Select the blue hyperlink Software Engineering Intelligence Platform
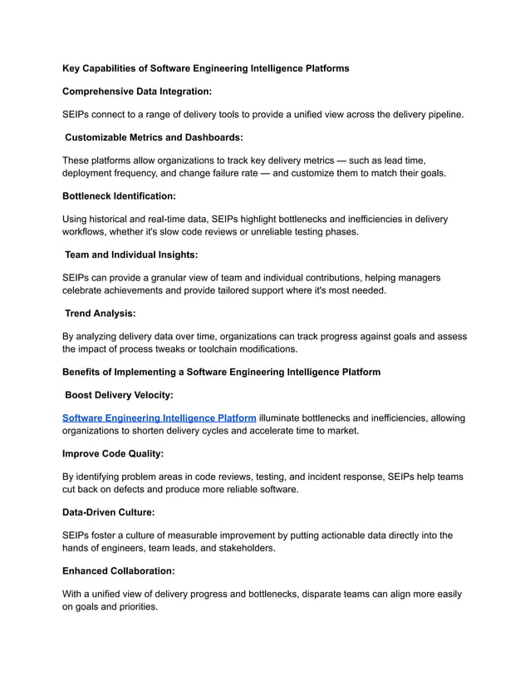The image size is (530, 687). [x=159, y=418]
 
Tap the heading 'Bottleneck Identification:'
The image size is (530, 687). [x=119, y=196]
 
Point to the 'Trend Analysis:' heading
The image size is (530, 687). [x=101, y=314]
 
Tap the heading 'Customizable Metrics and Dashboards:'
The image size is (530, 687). [x=154, y=137]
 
